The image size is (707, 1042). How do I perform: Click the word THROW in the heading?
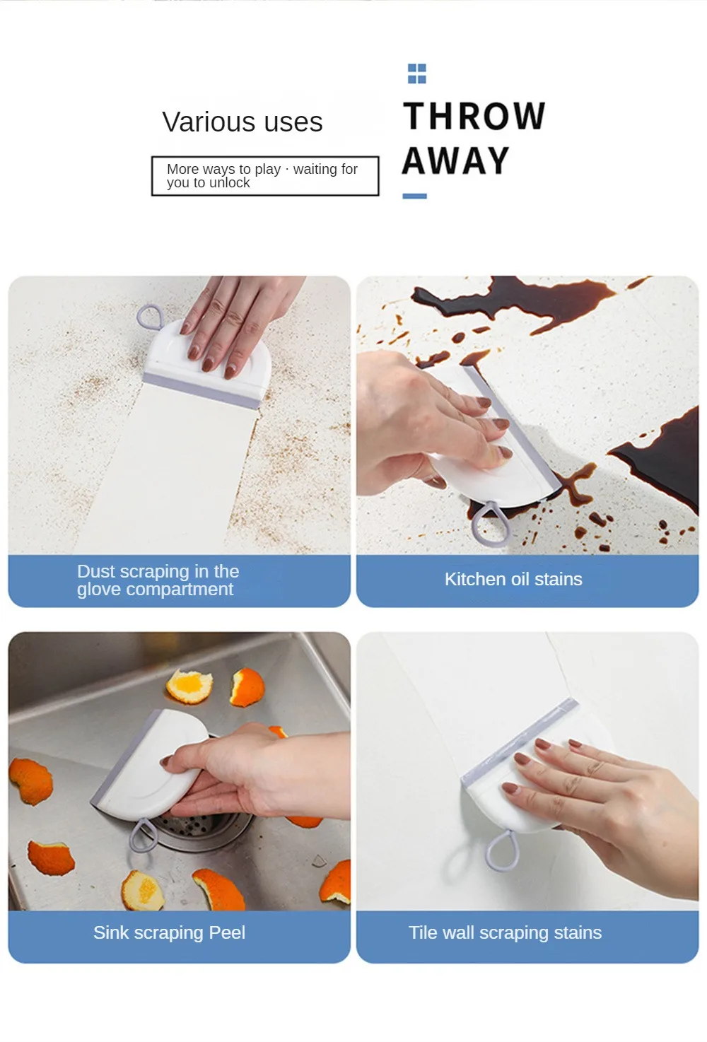[x=474, y=116]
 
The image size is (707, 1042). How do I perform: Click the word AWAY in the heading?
[x=456, y=160]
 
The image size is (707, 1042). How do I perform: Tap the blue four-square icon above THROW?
[x=416, y=74]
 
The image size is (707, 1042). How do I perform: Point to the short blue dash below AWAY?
[x=414, y=196]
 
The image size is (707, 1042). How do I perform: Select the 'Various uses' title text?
[x=243, y=122]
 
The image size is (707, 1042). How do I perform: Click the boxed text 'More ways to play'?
[x=223, y=169]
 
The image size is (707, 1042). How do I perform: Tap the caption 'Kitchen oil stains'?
[x=513, y=579]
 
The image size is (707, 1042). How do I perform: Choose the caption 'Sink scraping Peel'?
[x=169, y=932]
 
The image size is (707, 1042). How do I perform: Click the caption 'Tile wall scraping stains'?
[x=505, y=932]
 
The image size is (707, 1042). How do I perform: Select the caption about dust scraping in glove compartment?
[x=158, y=580]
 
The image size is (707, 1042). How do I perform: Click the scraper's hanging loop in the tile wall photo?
[x=501, y=851]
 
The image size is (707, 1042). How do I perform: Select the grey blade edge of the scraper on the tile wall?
[x=519, y=739]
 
